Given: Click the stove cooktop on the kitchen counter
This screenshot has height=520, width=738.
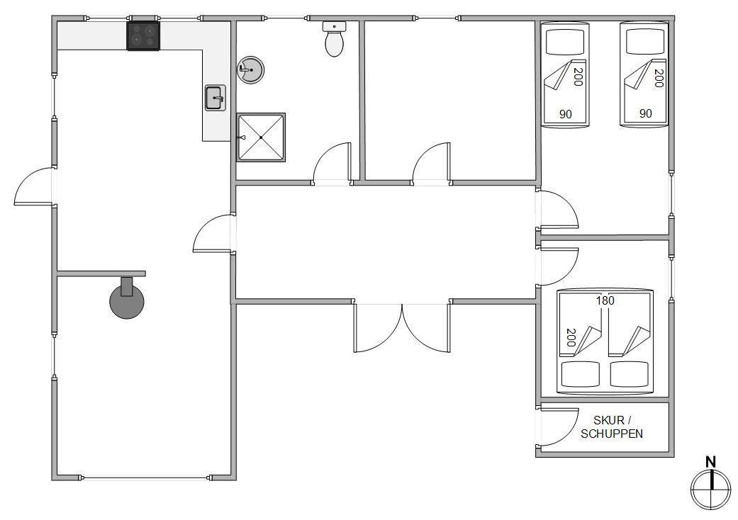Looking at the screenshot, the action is tap(143, 35).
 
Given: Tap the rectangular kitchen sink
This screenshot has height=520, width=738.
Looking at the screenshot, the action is tap(215, 98).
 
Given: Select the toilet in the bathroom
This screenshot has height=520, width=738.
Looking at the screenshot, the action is tap(334, 39).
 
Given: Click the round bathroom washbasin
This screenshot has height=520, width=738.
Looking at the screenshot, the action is tap(250, 70).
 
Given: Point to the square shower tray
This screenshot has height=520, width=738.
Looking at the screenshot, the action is tap(261, 137).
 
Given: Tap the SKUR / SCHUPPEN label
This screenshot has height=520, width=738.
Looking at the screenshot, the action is tap(611, 427).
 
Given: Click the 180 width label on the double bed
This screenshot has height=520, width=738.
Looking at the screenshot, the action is tap(605, 300).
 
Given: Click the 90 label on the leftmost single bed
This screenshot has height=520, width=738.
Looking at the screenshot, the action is tap(565, 114).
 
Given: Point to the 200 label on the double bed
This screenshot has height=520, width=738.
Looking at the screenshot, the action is tap(571, 338).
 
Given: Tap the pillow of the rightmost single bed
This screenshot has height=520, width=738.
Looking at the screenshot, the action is tap(644, 42).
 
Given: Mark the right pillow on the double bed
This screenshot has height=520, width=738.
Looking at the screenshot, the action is tap(630, 374).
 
